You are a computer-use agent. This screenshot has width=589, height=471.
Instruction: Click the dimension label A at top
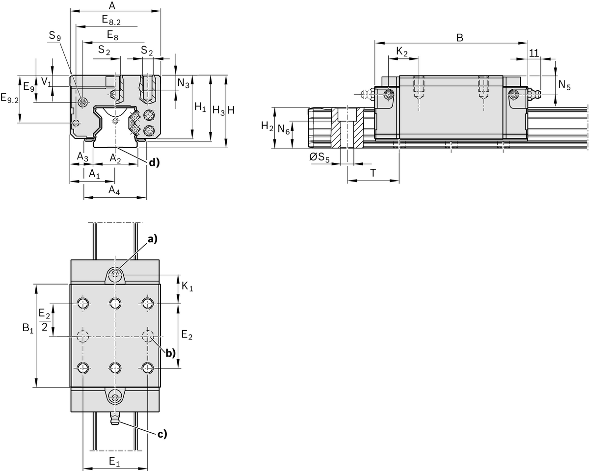click(x=112, y=6)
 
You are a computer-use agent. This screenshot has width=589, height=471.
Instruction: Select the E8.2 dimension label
click(x=111, y=20)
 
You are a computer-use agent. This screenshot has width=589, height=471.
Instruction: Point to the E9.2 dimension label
click(x=9, y=99)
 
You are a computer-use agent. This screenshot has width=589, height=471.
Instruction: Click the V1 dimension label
click(x=46, y=81)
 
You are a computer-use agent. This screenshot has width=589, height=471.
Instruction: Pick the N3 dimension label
click(x=183, y=83)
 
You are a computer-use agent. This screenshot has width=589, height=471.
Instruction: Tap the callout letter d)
click(x=155, y=162)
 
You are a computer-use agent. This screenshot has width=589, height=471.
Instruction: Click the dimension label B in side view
click(x=459, y=38)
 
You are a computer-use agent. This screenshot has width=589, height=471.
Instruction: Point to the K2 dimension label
click(x=402, y=52)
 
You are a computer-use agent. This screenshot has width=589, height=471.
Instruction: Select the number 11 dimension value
click(x=534, y=52)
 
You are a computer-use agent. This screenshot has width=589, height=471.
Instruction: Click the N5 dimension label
click(x=564, y=86)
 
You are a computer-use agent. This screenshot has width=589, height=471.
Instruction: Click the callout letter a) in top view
click(x=153, y=239)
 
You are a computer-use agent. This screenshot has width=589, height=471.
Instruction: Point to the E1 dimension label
click(x=114, y=462)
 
